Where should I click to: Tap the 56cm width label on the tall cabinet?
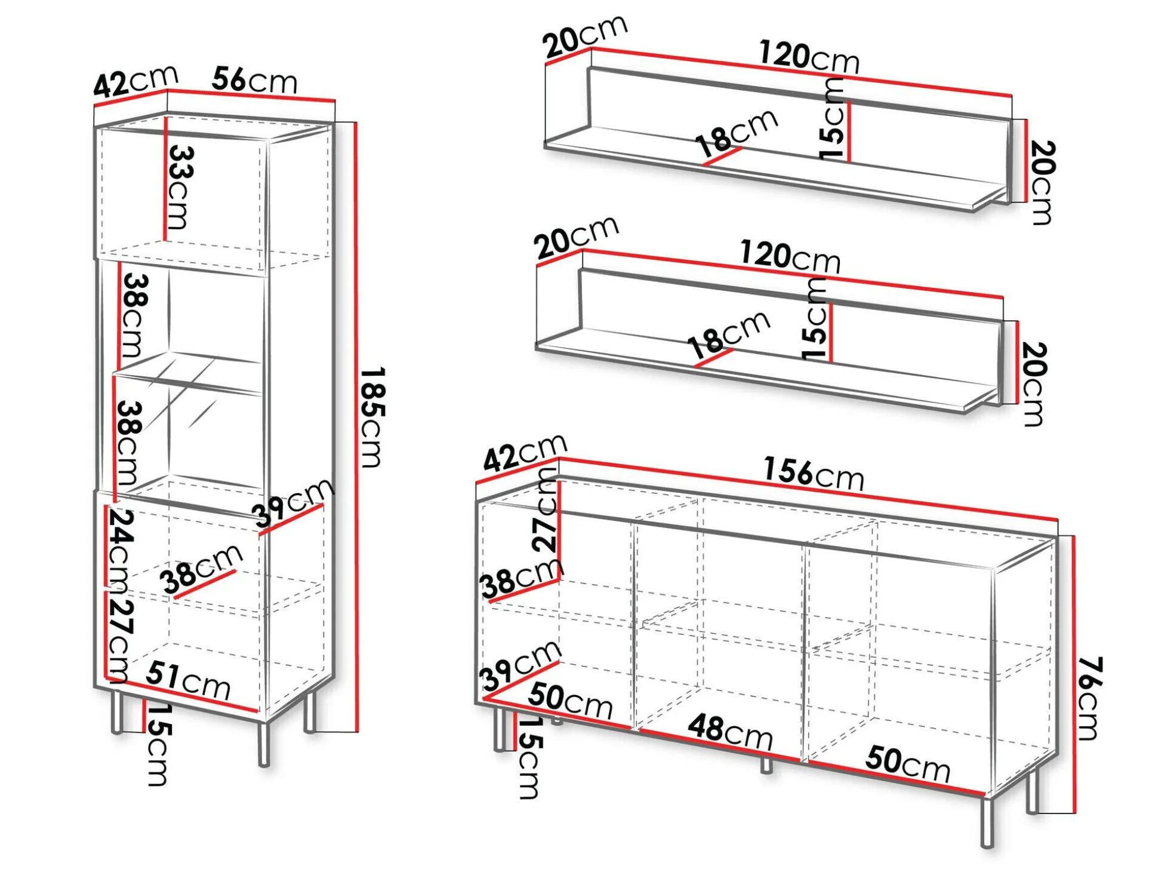(x=255, y=80)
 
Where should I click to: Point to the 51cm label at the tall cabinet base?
(x=188, y=680)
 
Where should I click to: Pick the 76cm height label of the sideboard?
(x=1090, y=698)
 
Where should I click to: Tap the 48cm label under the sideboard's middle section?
(x=731, y=732)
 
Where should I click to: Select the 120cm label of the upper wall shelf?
(x=809, y=57)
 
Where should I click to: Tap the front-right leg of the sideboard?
(x=987, y=822)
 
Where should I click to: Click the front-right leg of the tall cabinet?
(x=264, y=744)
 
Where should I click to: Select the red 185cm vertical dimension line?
(x=356, y=427)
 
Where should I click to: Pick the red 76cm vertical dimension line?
(x=1074, y=674)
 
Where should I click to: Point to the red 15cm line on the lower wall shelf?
(x=831, y=333)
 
